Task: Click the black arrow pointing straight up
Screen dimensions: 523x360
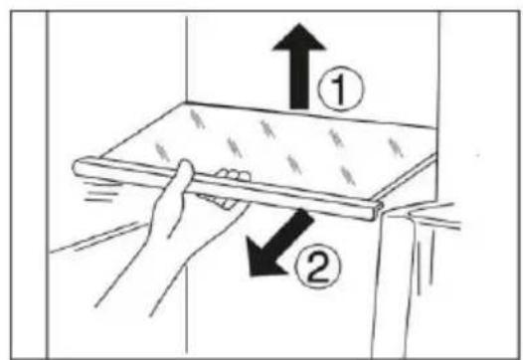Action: click(x=299, y=67)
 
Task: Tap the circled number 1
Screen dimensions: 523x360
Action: click(x=341, y=89)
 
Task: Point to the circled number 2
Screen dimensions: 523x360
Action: click(x=318, y=267)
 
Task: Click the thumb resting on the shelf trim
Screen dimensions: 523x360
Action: click(x=186, y=173)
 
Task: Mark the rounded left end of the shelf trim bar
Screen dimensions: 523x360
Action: click(x=78, y=167)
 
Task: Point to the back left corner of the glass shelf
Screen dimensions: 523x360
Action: click(x=186, y=102)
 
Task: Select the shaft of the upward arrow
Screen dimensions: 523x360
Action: click(x=299, y=80)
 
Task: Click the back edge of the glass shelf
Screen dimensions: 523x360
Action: click(x=311, y=114)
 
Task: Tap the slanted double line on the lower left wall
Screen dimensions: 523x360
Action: click(x=96, y=238)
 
